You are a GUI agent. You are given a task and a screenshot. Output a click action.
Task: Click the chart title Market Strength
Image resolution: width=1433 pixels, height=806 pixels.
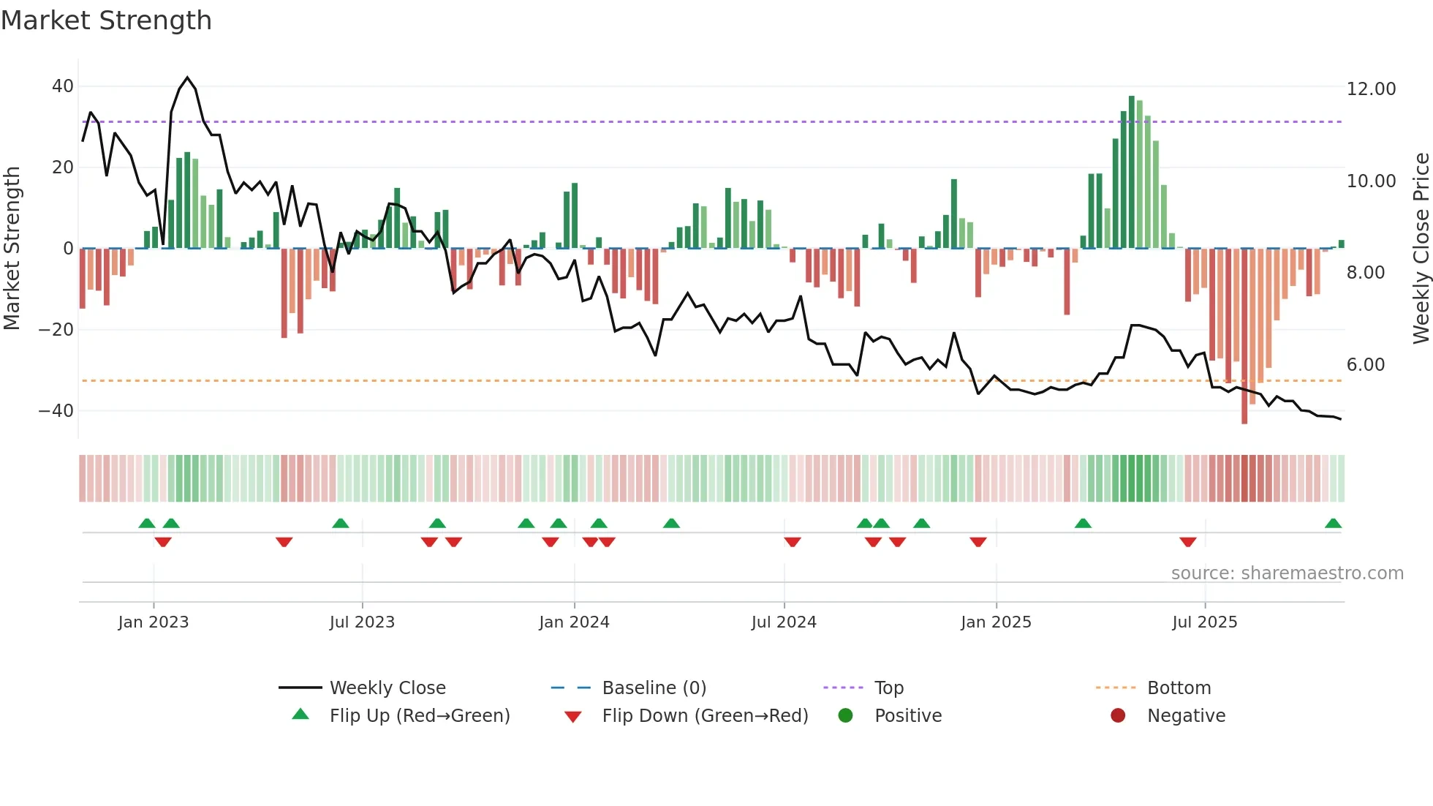[x=106, y=20]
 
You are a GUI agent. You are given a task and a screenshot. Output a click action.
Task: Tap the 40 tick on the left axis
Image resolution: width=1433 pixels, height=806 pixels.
[x=63, y=86]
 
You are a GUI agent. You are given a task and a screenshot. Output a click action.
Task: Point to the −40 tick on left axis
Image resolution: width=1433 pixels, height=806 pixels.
[x=56, y=411]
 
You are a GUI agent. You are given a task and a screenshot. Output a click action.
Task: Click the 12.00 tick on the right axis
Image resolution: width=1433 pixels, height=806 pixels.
[x=1371, y=89]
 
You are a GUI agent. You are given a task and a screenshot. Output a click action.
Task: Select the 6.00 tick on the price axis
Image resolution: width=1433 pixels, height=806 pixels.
[x=1365, y=365]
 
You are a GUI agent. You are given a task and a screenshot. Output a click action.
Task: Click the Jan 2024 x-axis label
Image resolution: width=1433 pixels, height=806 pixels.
[x=574, y=622]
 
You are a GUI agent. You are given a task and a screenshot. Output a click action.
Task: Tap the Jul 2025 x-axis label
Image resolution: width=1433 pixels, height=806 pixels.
[x=1204, y=622]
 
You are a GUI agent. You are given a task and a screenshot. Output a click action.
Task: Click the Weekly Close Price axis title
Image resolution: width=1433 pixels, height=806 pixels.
[x=1421, y=249]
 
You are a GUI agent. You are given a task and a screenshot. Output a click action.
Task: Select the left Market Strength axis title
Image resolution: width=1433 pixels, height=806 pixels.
[x=12, y=249]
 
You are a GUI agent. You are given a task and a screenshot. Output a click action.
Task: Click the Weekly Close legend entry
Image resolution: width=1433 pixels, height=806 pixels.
[x=387, y=688]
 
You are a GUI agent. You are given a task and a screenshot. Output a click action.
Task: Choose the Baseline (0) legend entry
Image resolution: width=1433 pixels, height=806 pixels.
[x=654, y=688]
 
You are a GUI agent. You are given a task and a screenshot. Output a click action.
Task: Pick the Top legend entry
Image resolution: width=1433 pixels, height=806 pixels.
[x=888, y=688]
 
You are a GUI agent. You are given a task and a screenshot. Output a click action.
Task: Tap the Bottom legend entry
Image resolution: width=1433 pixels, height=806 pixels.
[x=1179, y=688]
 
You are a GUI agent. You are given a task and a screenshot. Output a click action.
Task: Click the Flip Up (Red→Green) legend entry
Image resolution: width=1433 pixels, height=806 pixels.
[x=419, y=716]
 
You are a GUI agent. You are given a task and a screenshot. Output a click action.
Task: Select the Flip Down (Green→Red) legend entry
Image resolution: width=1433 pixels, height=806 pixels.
[x=705, y=716]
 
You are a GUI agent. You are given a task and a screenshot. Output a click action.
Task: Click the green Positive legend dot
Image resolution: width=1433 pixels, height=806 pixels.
[x=846, y=716]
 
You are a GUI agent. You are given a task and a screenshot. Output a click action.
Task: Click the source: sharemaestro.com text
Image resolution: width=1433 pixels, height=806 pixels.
[x=1287, y=573]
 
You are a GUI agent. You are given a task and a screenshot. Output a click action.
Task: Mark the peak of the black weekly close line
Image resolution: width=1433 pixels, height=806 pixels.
[x=187, y=78]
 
